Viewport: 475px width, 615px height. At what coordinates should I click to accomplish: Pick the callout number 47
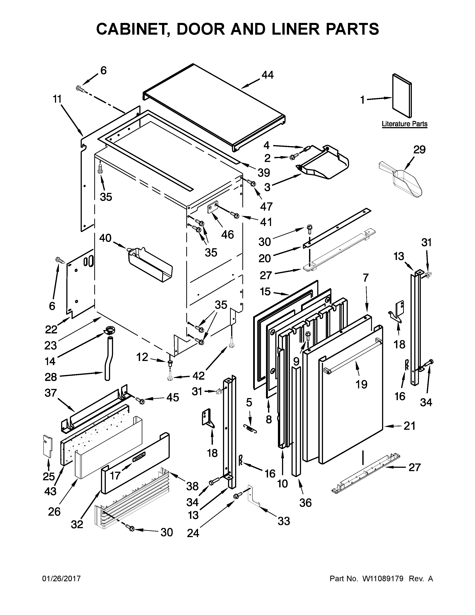(x=266, y=206)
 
